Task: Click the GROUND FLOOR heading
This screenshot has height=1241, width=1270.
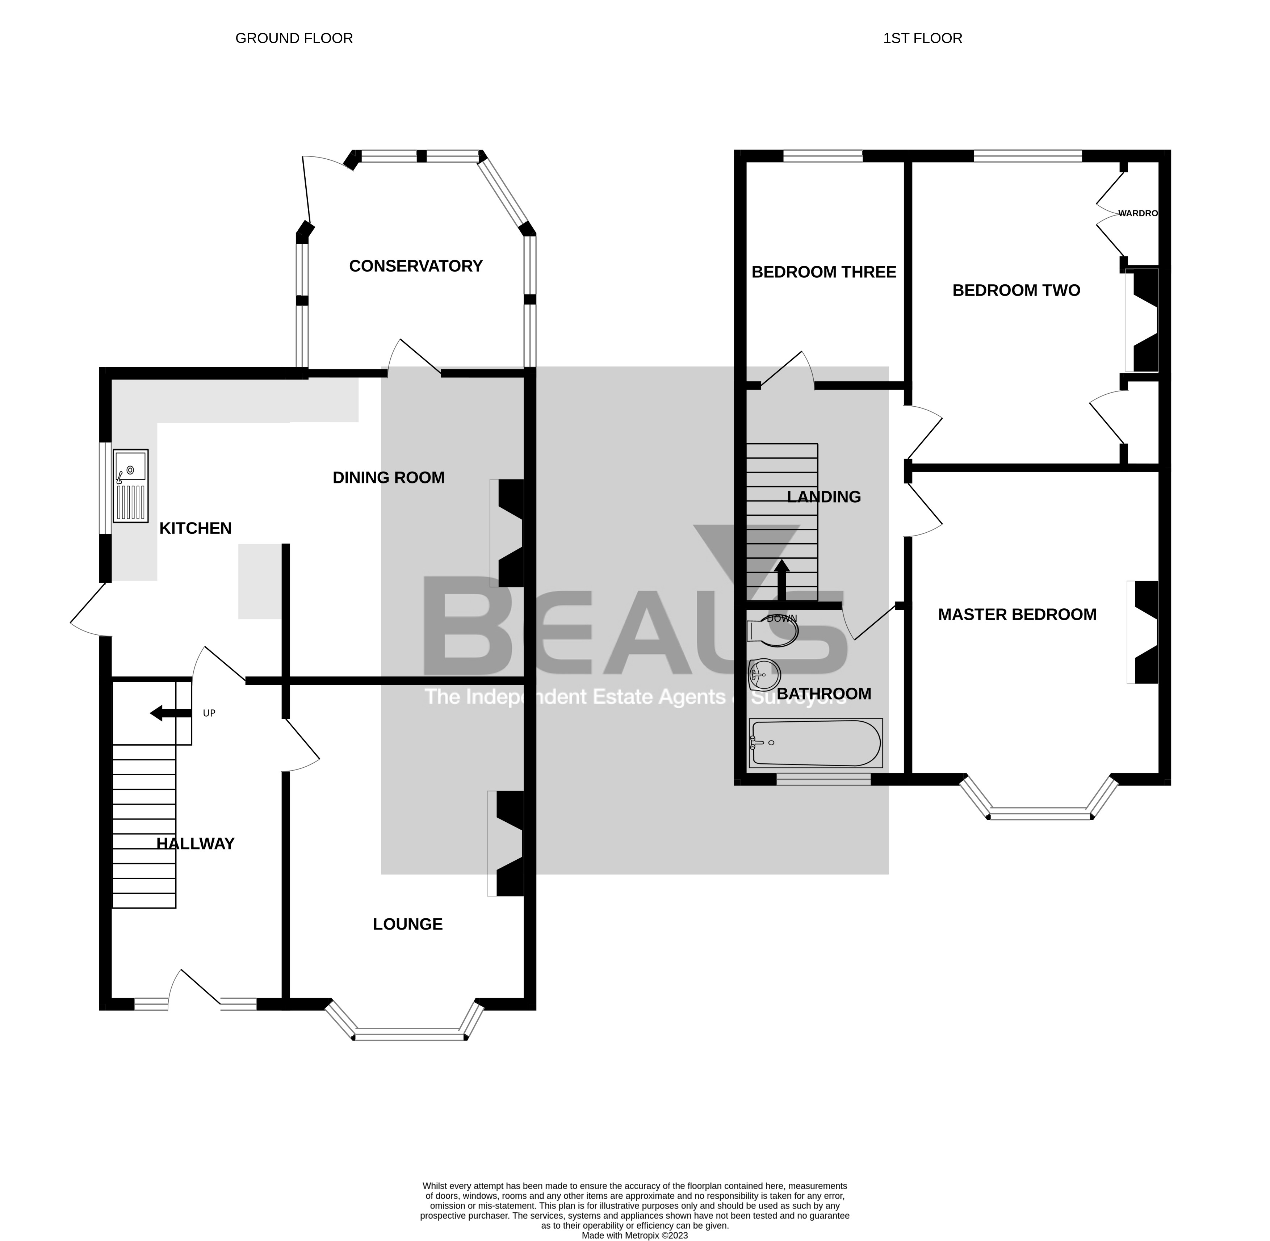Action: (294, 38)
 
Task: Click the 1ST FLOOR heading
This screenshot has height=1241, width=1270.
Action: (922, 38)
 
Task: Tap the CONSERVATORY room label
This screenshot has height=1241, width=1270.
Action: (415, 266)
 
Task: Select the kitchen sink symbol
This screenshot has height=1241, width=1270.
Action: (130, 486)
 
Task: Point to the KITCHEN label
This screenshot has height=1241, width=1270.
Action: (196, 528)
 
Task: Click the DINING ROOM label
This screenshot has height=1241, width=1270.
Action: (389, 478)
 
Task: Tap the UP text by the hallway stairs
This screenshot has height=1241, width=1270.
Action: (209, 713)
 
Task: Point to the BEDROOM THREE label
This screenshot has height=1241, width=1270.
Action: (823, 272)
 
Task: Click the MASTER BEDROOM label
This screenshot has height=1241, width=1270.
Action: (1017, 614)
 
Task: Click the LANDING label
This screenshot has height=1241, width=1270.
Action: (823, 497)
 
